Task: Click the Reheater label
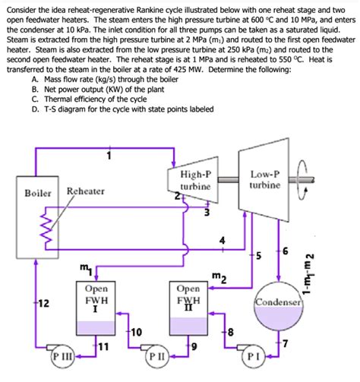point(85,191)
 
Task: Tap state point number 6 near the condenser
point(286,251)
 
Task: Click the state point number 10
point(135,333)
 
